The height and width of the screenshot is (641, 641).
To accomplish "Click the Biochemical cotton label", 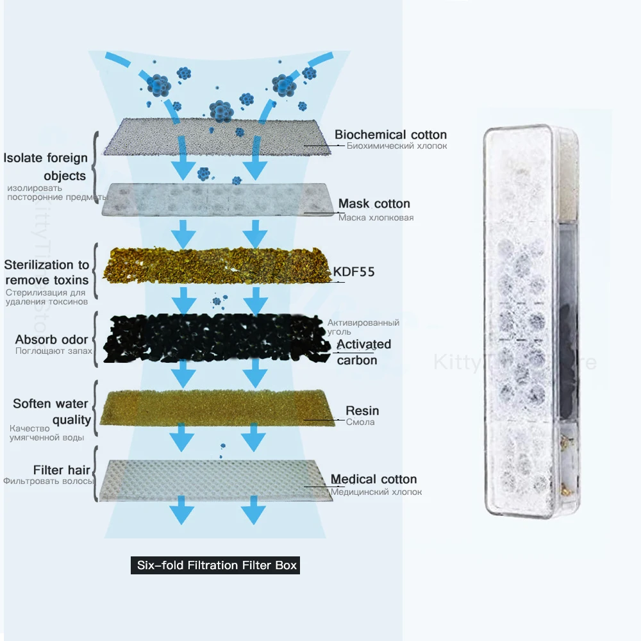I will (x=390, y=135).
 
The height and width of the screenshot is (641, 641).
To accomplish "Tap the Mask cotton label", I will (x=374, y=204).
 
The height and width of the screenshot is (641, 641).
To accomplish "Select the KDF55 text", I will (x=354, y=271).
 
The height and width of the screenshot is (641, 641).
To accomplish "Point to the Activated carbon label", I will (x=363, y=352).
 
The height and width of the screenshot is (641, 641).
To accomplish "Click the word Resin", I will (x=362, y=410).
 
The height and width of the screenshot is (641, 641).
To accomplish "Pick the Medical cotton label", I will (x=374, y=479).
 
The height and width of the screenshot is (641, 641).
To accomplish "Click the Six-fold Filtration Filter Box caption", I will (x=215, y=566).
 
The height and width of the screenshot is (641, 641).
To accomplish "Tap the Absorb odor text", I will (x=52, y=339).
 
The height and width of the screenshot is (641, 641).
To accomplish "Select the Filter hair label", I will (x=57, y=469).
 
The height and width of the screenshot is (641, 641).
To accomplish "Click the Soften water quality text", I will (x=51, y=412).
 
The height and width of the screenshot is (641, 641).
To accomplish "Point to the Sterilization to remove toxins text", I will (x=47, y=272).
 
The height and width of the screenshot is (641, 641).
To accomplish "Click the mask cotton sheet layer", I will (x=215, y=200).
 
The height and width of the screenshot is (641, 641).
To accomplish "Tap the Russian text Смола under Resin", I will (x=360, y=422).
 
